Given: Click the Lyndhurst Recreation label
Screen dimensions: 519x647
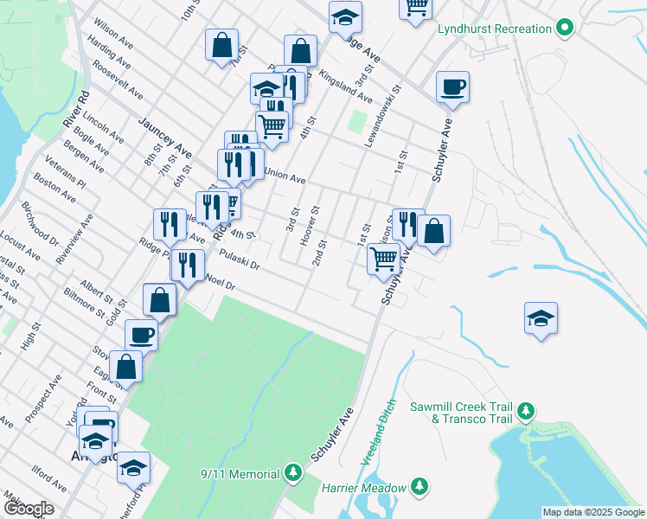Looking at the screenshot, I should pyautogui.click(x=494, y=29).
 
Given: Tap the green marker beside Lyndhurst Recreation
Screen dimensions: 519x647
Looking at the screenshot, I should pyautogui.click(x=565, y=29).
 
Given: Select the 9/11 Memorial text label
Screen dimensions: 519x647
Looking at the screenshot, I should pyautogui.click(x=240, y=474).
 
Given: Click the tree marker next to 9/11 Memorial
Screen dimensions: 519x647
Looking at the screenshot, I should pyautogui.click(x=293, y=473).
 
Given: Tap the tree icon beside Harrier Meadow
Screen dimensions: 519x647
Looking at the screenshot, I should pyautogui.click(x=420, y=487).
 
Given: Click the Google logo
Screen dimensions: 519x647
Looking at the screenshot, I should pyautogui.click(x=29, y=509).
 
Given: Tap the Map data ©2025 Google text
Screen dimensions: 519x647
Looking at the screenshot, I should pyautogui.click(x=593, y=512).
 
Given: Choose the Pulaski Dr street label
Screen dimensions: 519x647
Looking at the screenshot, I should pyautogui.click(x=240, y=259).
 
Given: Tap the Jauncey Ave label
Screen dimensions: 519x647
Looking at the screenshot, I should pyautogui.click(x=163, y=136).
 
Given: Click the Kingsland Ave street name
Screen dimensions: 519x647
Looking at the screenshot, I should pyautogui.click(x=344, y=86).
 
